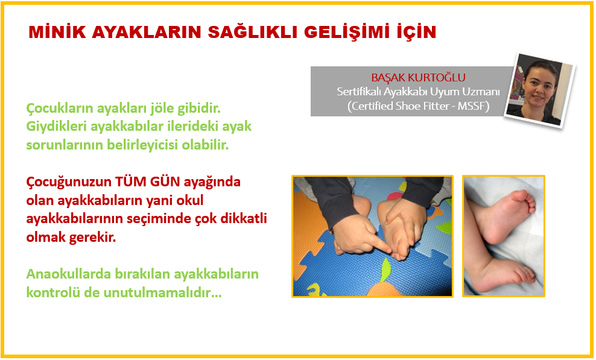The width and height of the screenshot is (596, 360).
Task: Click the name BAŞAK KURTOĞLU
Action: (x=418, y=78)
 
